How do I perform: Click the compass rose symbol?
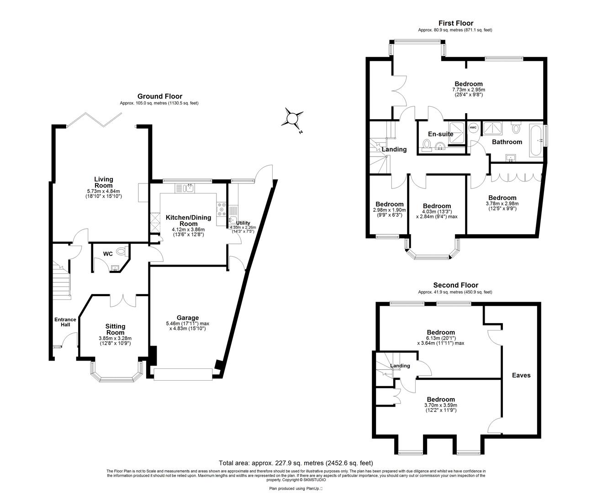291,119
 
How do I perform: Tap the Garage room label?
188,318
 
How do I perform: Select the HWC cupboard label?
473,128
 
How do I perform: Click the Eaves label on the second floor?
521,375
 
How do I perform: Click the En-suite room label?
440,134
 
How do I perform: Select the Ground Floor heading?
159,96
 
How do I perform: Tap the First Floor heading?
455,23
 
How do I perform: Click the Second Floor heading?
455,285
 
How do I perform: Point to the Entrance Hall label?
65,322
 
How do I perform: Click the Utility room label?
243,223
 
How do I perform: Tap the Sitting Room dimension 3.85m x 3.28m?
115,338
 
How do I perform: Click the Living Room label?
104,182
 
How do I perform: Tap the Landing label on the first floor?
394,149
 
